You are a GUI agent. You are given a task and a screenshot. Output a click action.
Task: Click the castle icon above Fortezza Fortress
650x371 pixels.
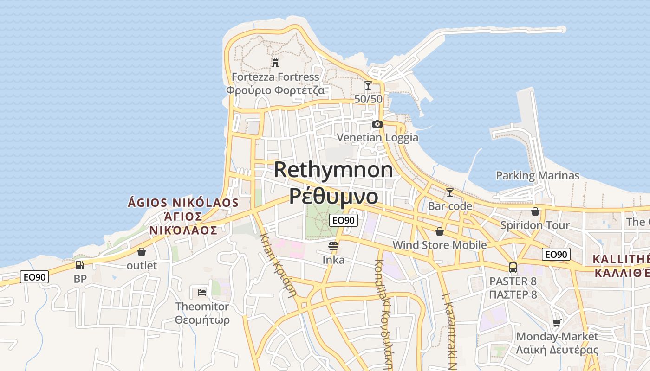point(275,63)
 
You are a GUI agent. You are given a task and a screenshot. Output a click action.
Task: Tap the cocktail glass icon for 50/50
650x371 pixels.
point(368,85)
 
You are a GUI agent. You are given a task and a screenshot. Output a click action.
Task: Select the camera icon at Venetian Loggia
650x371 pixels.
point(377,124)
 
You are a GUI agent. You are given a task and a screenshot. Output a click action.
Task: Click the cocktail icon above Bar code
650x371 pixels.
point(449,192)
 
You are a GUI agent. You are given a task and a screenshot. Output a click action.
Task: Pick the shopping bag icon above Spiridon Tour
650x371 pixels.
point(535,211)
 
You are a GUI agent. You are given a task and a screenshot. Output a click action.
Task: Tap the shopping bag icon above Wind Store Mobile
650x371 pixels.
point(440,231)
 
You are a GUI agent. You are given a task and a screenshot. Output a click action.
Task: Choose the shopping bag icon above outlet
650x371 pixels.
point(142,252)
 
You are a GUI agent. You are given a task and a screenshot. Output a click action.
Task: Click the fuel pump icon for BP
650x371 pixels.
point(80,265)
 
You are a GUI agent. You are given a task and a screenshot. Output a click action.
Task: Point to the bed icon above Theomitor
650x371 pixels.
point(202,292)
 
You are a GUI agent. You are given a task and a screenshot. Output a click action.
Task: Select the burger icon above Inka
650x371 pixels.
point(333,246)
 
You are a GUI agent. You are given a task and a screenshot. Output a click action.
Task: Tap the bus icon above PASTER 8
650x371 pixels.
point(513,267)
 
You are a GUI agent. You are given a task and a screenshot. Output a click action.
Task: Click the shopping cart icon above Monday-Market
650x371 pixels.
point(557,323)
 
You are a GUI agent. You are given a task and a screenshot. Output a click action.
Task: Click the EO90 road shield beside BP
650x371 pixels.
point(34,277)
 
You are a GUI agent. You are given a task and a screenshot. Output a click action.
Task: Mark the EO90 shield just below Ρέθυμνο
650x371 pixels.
point(344,220)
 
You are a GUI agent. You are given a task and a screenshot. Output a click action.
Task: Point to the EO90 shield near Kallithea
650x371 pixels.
point(556,254)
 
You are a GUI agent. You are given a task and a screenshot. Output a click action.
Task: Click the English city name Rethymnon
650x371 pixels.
point(333,170)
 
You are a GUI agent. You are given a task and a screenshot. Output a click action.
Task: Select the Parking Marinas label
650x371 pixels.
point(538,176)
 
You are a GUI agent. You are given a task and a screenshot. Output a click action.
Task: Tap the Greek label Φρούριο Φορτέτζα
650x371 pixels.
point(275,90)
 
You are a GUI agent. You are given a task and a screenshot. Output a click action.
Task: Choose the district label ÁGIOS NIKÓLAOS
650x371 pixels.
point(183,203)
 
